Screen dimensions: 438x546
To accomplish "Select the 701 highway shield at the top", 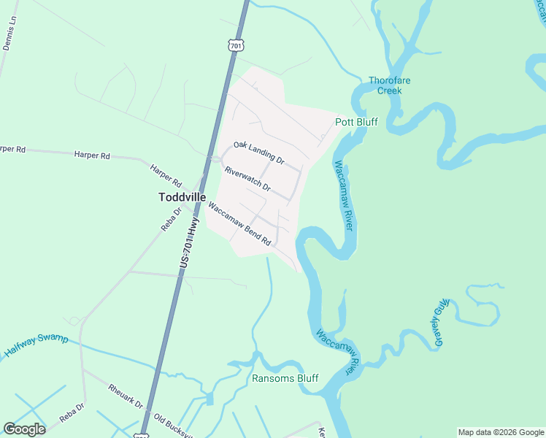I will [235, 46].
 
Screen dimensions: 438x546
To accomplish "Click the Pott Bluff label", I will [356, 122].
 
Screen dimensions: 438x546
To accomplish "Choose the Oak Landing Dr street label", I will [258, 153].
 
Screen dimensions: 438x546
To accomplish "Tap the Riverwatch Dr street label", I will [247, 180].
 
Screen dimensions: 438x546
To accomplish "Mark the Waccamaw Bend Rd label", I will [239, 223].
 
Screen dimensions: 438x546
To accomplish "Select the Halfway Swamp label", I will [36, 346].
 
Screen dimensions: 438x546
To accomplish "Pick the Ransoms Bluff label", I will [285, 378].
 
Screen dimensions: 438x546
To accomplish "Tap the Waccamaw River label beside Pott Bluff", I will [344, 196].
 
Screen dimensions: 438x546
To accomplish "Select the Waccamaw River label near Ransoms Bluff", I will [340, 351].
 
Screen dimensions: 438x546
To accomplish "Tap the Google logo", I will [24, 429].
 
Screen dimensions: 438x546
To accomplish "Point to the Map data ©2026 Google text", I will [501, 432].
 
